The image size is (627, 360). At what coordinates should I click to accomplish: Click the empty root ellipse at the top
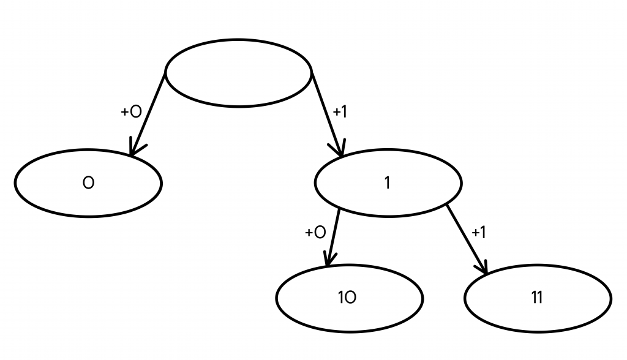click(x=238, y=73)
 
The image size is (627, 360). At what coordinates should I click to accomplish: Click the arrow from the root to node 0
click(x=148, y=113)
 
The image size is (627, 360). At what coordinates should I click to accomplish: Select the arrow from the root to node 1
click(x=327, y=113)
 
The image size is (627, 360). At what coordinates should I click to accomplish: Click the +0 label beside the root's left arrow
click(x=131, y=111)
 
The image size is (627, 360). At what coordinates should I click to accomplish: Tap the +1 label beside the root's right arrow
click(x=340, y=112)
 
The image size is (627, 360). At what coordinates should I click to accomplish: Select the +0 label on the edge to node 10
click(x=315, y=233)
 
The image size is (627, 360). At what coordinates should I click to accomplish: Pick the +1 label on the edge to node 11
click(x=479, y=233)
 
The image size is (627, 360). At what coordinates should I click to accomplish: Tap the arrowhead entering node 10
click(x=329, y=261)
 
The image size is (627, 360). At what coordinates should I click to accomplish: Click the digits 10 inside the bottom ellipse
click(x=347, y=298)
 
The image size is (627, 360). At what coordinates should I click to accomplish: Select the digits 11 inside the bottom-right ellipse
click(x=537, y=298)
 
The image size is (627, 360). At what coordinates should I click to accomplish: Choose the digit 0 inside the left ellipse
click(x=88, y=183)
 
